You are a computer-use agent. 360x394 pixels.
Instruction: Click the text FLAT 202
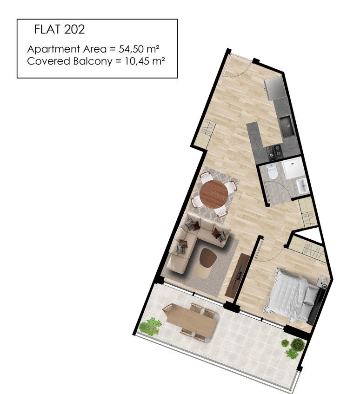click(60, 30)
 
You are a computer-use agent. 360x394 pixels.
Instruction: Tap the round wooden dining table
click(214, 194)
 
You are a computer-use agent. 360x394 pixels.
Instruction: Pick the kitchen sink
click(286, 125)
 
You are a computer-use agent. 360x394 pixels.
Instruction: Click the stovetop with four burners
click(275, 151)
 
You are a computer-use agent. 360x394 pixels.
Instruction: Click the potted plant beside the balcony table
click(150, 326)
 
